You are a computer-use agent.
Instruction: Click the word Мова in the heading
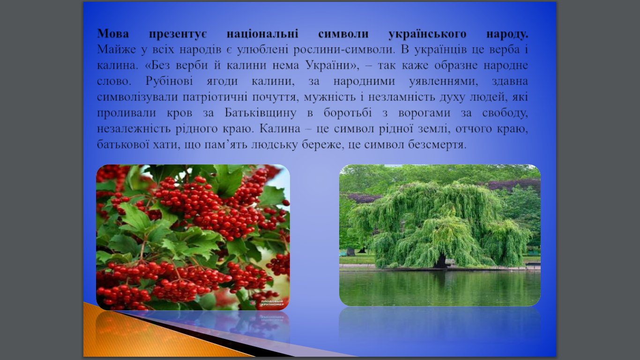click(113, 34)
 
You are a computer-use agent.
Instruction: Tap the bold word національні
click(262, 34)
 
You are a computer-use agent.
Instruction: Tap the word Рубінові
click(169, 81)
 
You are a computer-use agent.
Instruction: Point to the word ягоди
click(222, 82)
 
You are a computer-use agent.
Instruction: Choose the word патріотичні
click(215, 97)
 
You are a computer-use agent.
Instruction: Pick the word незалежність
click(134, 129)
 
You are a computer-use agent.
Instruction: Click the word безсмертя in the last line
click(437, 145)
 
